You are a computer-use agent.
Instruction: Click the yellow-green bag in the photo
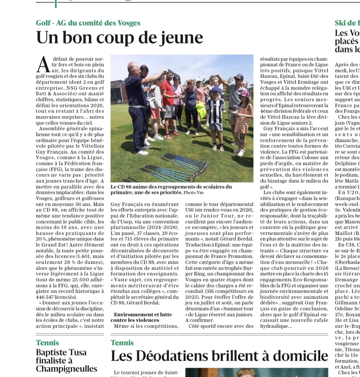point(201,109)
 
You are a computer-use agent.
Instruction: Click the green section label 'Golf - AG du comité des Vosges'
point(88,23)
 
